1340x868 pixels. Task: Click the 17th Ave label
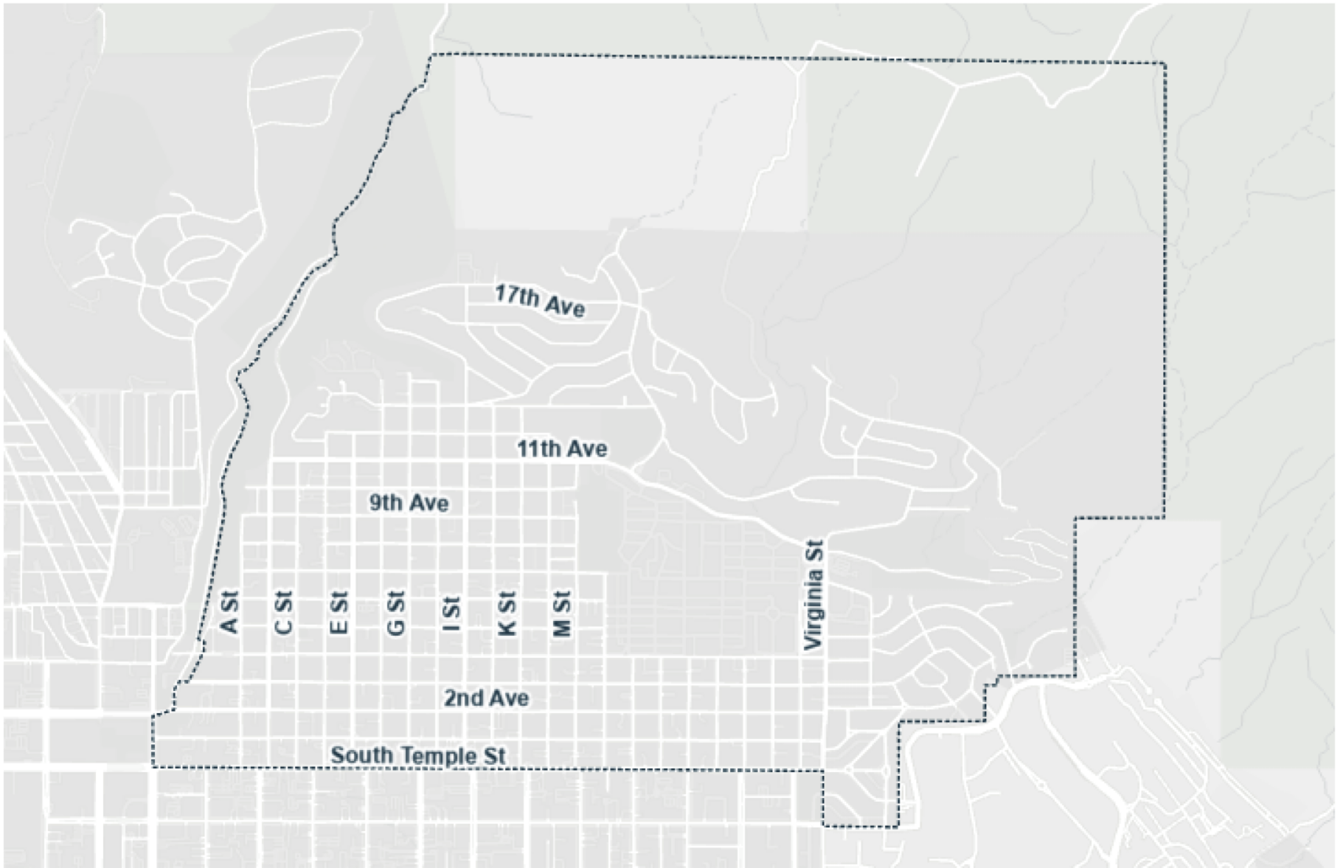pyautogui.click(x=540, y=301)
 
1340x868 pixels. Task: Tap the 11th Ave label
pyautogui.click(x=562, y=448)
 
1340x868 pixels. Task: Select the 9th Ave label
pyautogui.click(x=409, y=503)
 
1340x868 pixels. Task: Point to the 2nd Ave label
pyautogui.click(x=486, y=698)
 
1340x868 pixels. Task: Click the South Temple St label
pyautogui.click(x=418, y=755)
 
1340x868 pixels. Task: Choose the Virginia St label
pyautogui.click(x=813, y=595)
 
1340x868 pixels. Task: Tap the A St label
pyautogui.click(x=229, y=612)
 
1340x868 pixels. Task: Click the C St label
pyautogui.click(x=283, y=612)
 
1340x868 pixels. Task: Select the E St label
pyautogui.click(x=339, y=613)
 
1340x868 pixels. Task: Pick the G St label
pyautogui.click(x=395, y=613)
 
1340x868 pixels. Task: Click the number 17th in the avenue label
pyautogui.click(x=516, y=296)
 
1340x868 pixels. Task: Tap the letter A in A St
pyautogui.click(x=229, y=625)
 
